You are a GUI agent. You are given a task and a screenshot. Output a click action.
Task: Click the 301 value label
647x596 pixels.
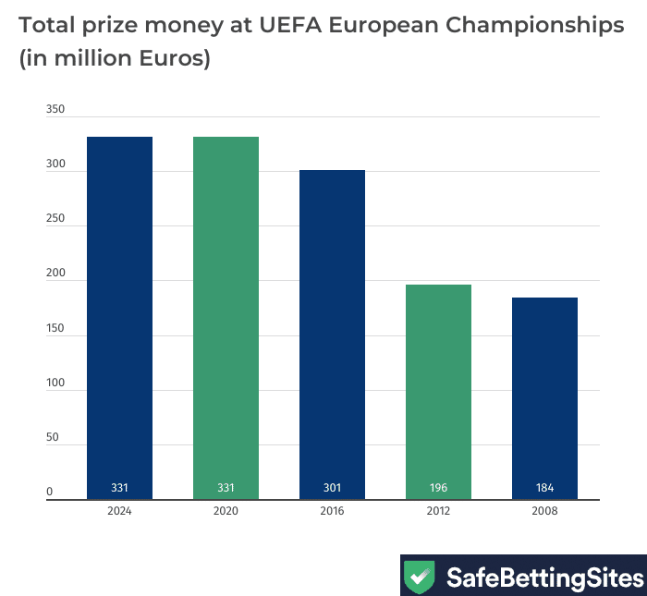pyautogui.click(x=332, y=488)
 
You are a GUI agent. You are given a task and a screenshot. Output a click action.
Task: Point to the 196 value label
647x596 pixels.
pyautogui.click(x=438, y=488)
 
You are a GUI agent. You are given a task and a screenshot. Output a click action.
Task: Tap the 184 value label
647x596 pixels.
pyautogui.click(x=544, y=488)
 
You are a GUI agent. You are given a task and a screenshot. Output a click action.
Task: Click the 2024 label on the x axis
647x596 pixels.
pyautogui.click(x=119, y=510)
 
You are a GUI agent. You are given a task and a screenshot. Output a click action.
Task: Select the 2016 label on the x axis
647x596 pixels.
pyautogui.click(x=332, y=510)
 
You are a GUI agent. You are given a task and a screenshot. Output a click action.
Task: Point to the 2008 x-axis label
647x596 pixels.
pyautogui.click(x=544, y=510)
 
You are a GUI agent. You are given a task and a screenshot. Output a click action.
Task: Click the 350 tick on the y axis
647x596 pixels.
pyautogui.click(x=55, y=110)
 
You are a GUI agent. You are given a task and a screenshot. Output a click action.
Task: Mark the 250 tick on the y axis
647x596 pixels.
pyautogui.click(x=55, y=219)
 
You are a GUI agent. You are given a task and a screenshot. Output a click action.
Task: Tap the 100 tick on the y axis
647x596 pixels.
pyautogui.click(x=55, y=383)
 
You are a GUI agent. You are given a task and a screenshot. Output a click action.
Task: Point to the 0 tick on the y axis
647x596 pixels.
pyautogui.click(x=50, y=493)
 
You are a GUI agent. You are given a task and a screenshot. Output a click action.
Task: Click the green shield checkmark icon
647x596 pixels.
pyautogui.click(x=420, y=578)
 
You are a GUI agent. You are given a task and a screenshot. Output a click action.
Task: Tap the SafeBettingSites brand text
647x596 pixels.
pyautogui.click(x=543, y=578)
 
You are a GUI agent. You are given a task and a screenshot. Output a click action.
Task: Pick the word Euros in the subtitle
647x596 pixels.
pyautogui.click(x=172, y=60)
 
